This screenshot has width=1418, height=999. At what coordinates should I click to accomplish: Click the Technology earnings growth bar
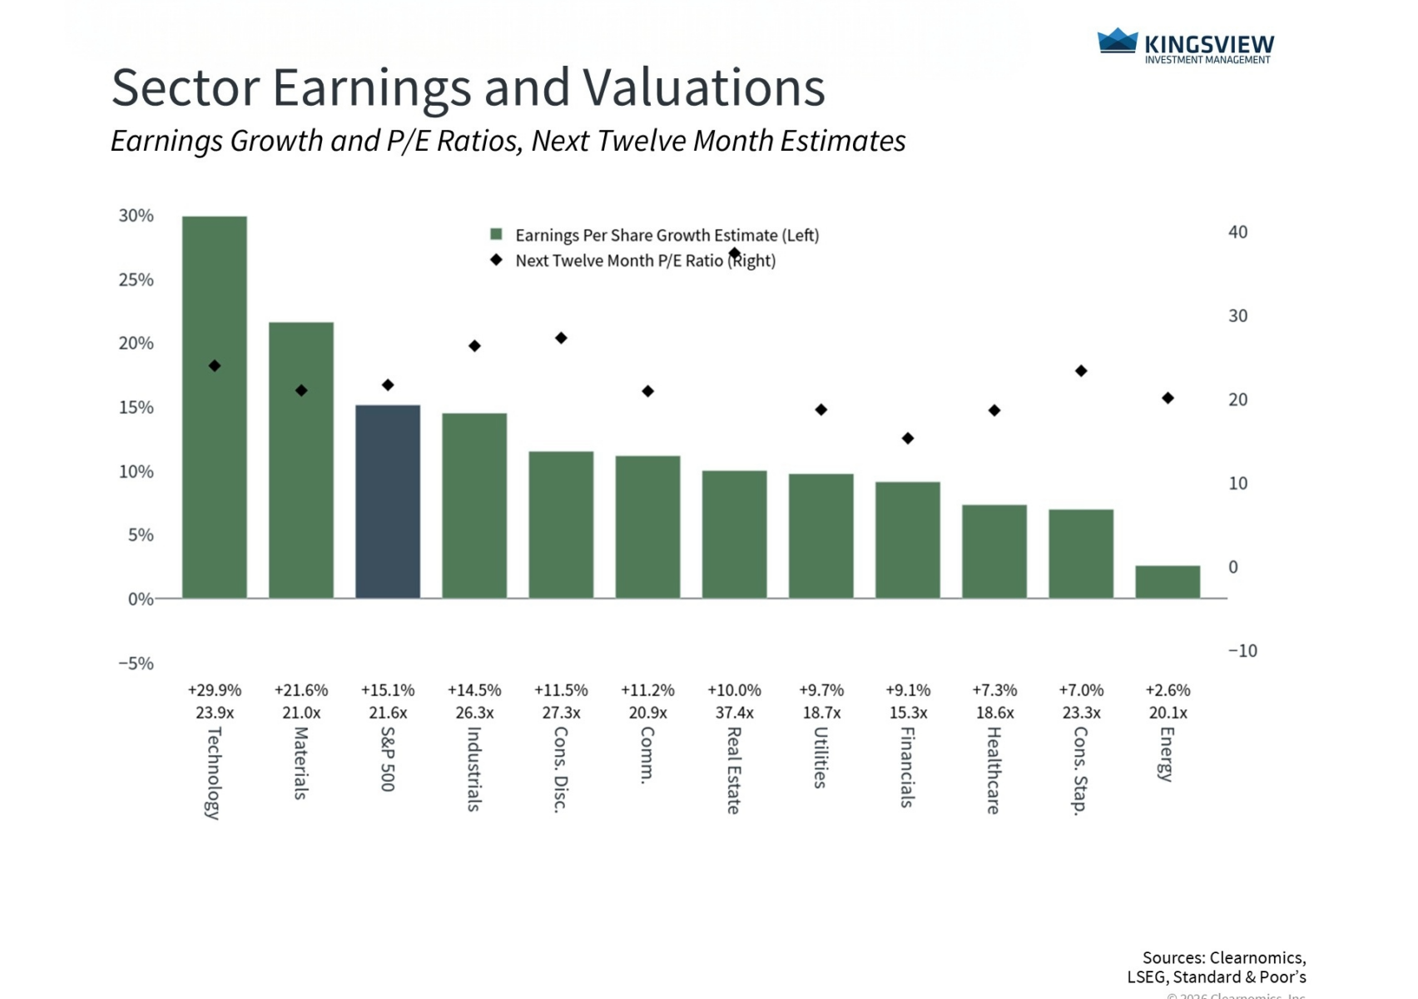(x=215, y=407)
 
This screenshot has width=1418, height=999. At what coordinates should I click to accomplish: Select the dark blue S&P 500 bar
(x=388, y=501)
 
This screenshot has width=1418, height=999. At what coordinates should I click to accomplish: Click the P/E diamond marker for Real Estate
(x=735, y=253)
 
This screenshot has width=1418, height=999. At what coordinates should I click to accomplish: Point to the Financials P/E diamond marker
(x=908, y=438)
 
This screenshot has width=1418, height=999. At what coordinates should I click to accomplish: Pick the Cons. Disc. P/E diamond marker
(x=561, y=338)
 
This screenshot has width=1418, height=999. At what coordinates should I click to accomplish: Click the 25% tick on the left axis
(x=136, y=280)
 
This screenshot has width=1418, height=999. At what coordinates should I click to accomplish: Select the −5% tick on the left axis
(x=136, y=664)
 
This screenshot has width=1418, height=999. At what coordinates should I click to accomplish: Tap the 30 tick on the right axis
(x=1237, y=316)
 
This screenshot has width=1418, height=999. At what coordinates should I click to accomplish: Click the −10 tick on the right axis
(x=1242, y=651)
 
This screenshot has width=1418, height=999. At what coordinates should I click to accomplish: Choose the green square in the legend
(x=497, y=235)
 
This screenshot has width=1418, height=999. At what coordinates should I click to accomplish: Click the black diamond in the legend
(x=497, y=260)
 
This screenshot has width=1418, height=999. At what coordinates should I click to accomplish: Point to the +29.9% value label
(x=215, y=690)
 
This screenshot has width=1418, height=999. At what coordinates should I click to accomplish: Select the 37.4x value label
(x=735, y=713)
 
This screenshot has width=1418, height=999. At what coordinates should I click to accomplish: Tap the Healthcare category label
(x=994, y=770)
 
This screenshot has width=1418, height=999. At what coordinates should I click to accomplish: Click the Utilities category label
(x=821, y=758)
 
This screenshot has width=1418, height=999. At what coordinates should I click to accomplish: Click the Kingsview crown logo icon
(x=1117, y=41)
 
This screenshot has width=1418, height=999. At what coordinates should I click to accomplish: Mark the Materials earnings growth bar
(x=301, y=460)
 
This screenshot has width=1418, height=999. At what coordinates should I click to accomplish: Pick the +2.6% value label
(x=1168, y=690)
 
